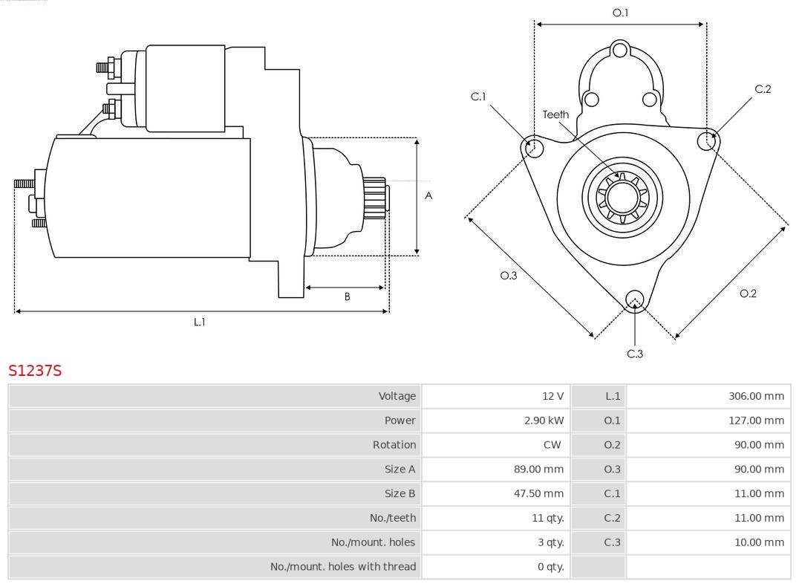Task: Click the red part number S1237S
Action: (x=35, y=370)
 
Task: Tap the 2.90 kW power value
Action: (x=544, y=421)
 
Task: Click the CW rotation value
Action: (x=552, y=445)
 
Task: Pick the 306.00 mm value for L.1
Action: (x=756, y=396)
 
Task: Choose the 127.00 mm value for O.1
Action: (x=756, y=421)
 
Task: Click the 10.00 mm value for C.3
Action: (x=759, y=542)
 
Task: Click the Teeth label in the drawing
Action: (x=555, y=114)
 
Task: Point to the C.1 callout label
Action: (x=478, y=97)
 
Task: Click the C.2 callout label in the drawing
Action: (x=763, y=89)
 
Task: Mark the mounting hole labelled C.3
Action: (x=634, y=299)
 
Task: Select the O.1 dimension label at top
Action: (x=620, y=13)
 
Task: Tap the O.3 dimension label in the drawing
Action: (x=508, y=276)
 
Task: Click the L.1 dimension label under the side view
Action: (x=199, y=322)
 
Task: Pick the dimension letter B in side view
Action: (x=347, y=296)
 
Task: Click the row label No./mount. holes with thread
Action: (x=343, y=567)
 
